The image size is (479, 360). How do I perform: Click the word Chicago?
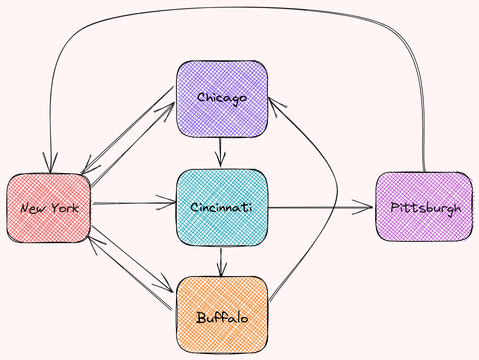[222, 97]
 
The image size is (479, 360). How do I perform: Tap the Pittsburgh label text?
[426, 208]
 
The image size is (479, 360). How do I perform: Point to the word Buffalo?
[222, 318]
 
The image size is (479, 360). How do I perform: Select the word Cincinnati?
[221, 207]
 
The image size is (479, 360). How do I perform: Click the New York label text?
[49, 208]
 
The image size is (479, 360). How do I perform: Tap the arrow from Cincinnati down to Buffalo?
[221, 262]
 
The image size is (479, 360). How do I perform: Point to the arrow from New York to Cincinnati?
[132, 203]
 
